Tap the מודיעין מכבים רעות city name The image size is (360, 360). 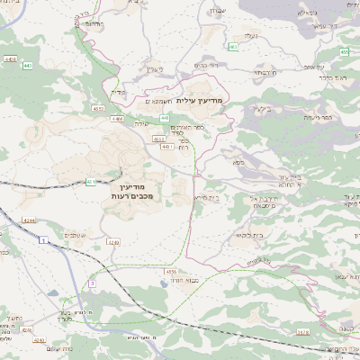(136, 190)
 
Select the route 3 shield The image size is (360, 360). (91, 283)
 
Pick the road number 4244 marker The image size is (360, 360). (28, 220)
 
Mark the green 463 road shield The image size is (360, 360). (233, 46)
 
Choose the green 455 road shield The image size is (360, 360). (95, 107)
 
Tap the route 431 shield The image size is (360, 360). (91, 182)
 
